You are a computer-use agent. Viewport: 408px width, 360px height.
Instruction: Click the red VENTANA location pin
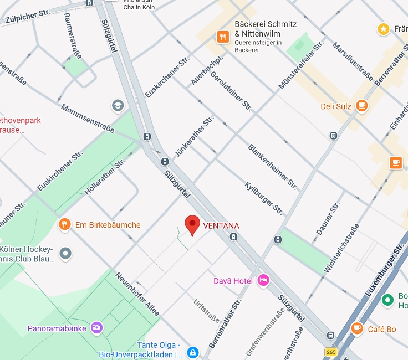tap(192, 225)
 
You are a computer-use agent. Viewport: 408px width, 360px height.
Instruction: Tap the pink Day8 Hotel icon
tap(263, 281)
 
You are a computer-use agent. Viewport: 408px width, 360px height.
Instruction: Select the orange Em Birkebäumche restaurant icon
tap(65, 224)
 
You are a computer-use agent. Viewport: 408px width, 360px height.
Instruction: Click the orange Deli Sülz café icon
tap(361, 106)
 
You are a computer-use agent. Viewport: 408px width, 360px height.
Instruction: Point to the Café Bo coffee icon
tap(358, 329)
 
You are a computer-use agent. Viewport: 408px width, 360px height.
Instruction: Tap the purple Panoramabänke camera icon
tap(97, 328)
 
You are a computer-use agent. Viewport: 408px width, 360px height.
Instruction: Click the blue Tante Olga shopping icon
tap(192, 352)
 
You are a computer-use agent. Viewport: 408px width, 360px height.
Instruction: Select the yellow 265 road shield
tap(331, 352)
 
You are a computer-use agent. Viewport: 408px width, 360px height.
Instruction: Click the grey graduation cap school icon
tap(118, 105)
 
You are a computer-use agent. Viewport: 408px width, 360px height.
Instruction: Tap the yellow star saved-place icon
tap(382, 28)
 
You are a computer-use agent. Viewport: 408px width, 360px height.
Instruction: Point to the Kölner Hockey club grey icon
tap(66, 254)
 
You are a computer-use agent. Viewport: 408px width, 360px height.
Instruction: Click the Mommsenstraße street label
tap(88, 118)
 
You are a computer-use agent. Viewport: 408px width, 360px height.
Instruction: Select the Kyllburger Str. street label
tap(264, 197)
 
